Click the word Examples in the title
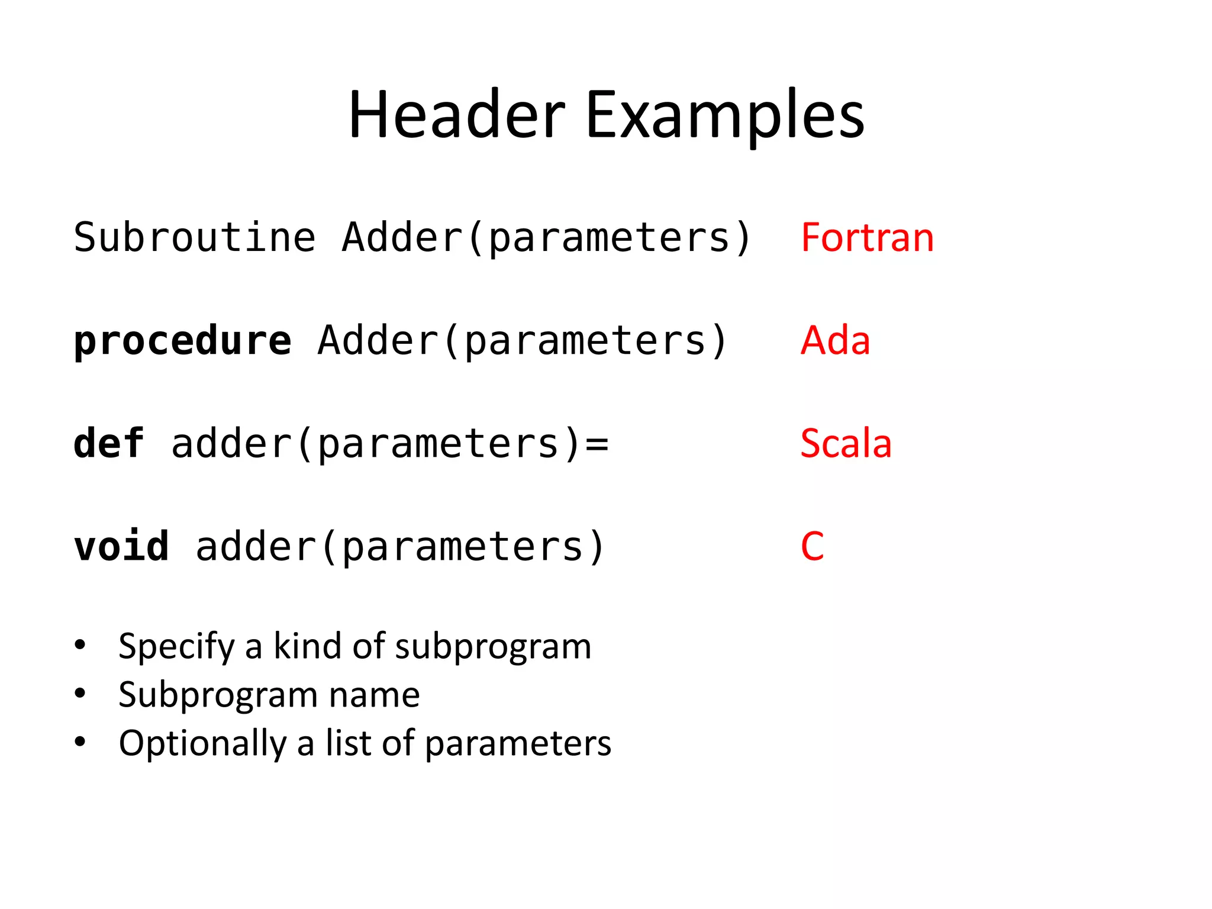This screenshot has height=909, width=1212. pos(725,115)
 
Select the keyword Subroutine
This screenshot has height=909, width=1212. pos(195,237)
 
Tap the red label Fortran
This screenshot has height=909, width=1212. pos(867,237)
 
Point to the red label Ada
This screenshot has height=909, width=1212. pos(835,340)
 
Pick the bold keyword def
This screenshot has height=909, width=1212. pos(109,443)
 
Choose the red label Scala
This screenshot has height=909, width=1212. pos(846,443)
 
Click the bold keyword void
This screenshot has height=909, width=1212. pos(121,546)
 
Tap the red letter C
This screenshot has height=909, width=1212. pos(812,546)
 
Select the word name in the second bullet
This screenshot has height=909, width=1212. pos(374,695)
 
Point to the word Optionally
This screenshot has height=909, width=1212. pos(202,744)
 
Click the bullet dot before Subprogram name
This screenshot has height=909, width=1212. pos(80,694)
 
